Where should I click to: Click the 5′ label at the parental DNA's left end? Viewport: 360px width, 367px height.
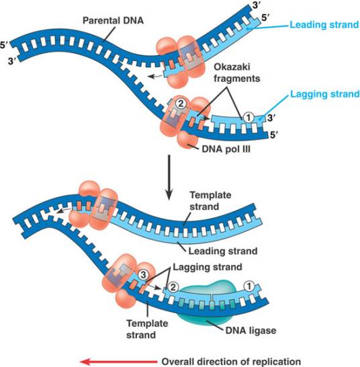pyautogui.click(x=6, y=45)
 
